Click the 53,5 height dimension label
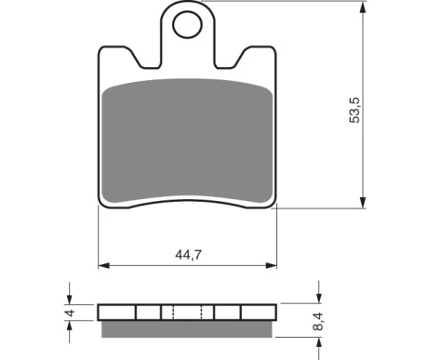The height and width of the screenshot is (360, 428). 355,111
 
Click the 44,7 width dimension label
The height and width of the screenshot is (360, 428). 188,255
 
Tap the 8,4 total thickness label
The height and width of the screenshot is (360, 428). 318,322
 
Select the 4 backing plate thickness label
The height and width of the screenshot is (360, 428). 71,313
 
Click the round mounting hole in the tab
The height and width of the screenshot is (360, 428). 187,25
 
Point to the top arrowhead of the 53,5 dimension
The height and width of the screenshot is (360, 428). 363,7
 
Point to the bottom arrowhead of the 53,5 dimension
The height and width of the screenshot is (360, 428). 363,202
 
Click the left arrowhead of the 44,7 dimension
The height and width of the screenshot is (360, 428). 104,265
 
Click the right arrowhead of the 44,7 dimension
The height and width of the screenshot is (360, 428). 271,265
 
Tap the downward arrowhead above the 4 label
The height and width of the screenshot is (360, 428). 70,299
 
